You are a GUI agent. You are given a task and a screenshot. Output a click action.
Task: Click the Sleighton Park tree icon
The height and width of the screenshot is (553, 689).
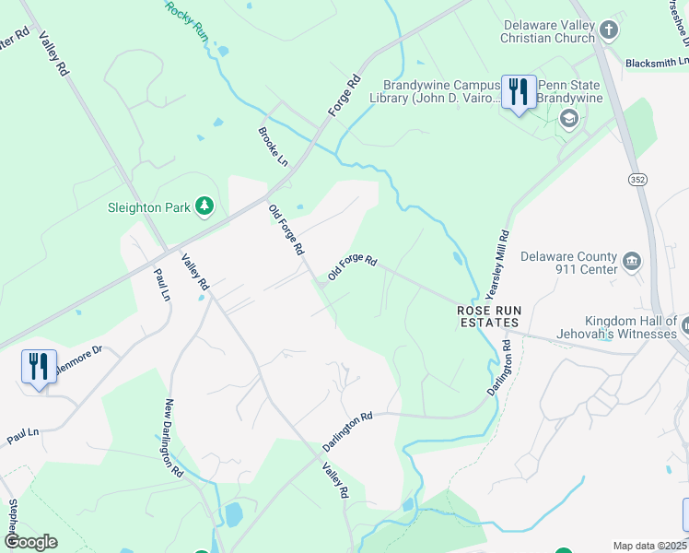pos(204,206)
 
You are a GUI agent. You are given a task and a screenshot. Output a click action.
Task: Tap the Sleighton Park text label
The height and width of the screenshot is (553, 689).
pos(147,207)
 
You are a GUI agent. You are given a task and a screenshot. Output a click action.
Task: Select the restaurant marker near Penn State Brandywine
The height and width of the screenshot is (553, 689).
pos(519,93)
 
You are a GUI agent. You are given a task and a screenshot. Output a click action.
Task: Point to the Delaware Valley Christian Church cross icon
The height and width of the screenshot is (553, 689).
pos(607,30)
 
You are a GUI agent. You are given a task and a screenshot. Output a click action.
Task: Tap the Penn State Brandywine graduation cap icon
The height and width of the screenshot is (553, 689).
pos(569,117)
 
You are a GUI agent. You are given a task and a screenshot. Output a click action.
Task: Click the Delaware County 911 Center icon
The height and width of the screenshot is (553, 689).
pos(632,261)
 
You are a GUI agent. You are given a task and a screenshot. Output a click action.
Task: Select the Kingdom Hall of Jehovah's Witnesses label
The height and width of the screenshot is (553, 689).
pos(616,327)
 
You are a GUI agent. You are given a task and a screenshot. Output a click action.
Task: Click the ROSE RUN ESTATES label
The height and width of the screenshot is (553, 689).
pos(488,317)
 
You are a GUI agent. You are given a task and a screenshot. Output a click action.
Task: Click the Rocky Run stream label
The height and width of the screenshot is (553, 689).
pos(187,19)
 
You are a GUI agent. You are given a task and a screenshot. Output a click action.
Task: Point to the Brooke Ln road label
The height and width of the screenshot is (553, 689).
pos(273,147)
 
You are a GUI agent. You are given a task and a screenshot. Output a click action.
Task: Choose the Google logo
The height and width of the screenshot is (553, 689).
pos(30,541)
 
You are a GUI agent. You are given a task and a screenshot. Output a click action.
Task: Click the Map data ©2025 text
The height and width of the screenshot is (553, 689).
pos(649,546)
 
